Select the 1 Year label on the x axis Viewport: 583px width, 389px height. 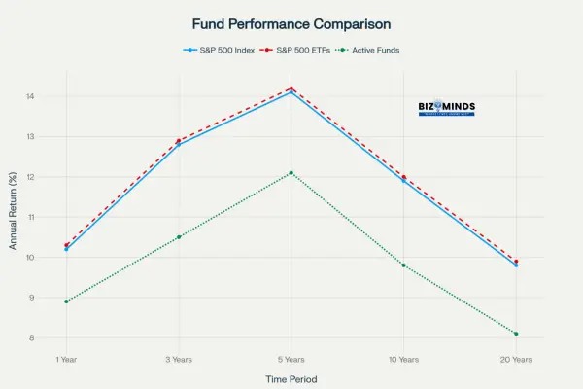[x=66, y=360]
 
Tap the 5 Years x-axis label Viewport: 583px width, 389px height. [x=291, y=360]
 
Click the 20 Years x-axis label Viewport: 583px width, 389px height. [x=516, y=360]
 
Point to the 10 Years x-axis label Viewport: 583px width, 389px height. [x=403, y=360]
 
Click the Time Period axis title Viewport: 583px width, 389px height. [x=291, y=379]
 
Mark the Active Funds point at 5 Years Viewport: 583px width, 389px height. [x=291, y=173]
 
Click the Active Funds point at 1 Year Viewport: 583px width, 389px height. [x=66, y=301]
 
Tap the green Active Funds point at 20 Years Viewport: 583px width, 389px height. [x=516, y=334]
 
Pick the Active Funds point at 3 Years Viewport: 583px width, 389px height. [x=179, y=237]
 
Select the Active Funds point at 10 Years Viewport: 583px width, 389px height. [x=403, y=265]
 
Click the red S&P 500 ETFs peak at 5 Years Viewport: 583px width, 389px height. [x=291, y=88]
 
